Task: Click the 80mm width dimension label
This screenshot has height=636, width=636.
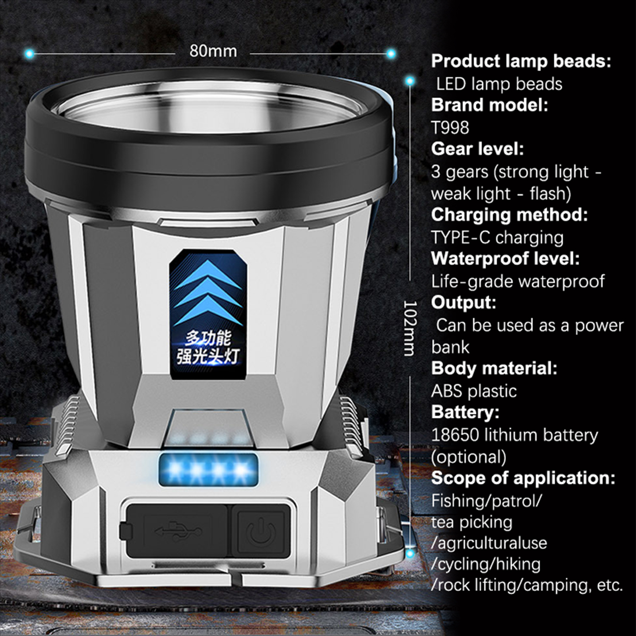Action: click(213, 51)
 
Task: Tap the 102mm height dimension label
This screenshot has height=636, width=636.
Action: click(410, 328)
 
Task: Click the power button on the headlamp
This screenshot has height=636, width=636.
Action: click(261, 531)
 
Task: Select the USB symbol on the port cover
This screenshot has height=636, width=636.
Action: click(178, 531)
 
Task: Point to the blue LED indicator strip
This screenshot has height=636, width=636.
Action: click(208, 470)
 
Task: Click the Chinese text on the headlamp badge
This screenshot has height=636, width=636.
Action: click(208, 347)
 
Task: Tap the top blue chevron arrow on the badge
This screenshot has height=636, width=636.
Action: click(208, 275)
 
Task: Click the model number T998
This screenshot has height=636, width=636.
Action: click(450, 128)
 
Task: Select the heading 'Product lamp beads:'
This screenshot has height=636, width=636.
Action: click(521, 61)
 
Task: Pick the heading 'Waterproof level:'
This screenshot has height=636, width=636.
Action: click(505, 259)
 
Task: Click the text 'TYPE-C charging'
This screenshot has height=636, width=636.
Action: click(497, 237)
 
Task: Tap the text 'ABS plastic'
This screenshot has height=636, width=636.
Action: click(474, 391)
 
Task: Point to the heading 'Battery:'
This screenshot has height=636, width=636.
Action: click(465, 412)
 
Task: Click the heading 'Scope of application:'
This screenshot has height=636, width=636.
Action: click(523, 478)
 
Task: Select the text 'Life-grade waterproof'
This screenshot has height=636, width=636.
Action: click(518, 281)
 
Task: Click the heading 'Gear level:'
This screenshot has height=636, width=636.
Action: click(477, 149)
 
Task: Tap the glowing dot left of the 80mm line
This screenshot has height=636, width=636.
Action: click(29, 53)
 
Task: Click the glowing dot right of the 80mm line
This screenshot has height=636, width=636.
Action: click(391, 53)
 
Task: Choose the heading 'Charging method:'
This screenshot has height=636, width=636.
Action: click(509, 215)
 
